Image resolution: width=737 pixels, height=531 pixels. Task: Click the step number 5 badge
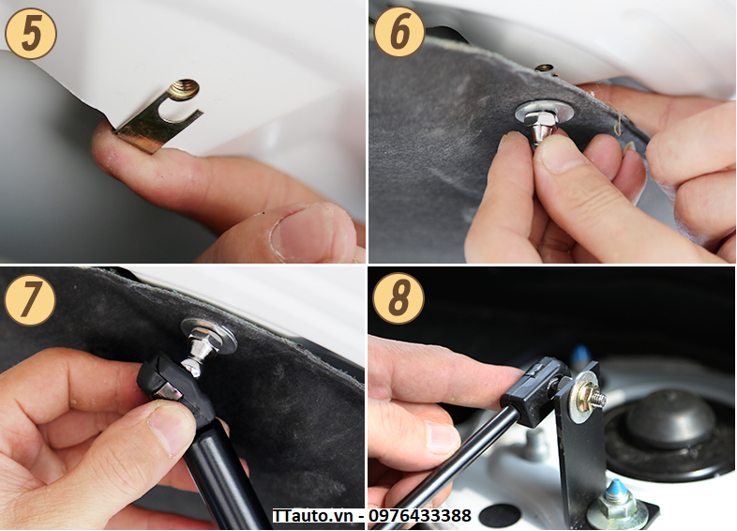click(31, 34)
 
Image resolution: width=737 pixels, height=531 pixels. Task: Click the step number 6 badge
click(399, 32)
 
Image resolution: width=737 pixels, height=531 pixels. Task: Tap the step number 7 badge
click(30, 299)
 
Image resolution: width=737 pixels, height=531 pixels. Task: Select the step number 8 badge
click(399, 297)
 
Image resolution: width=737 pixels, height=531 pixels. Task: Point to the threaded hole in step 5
click(183, 89)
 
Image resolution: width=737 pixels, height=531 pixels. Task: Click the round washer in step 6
click(544, 113)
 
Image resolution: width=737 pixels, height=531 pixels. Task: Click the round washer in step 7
click(210, 335)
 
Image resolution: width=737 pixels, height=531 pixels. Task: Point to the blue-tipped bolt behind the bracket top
click(581, 357)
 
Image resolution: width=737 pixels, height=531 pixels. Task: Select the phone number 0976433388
click(420, 516)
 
